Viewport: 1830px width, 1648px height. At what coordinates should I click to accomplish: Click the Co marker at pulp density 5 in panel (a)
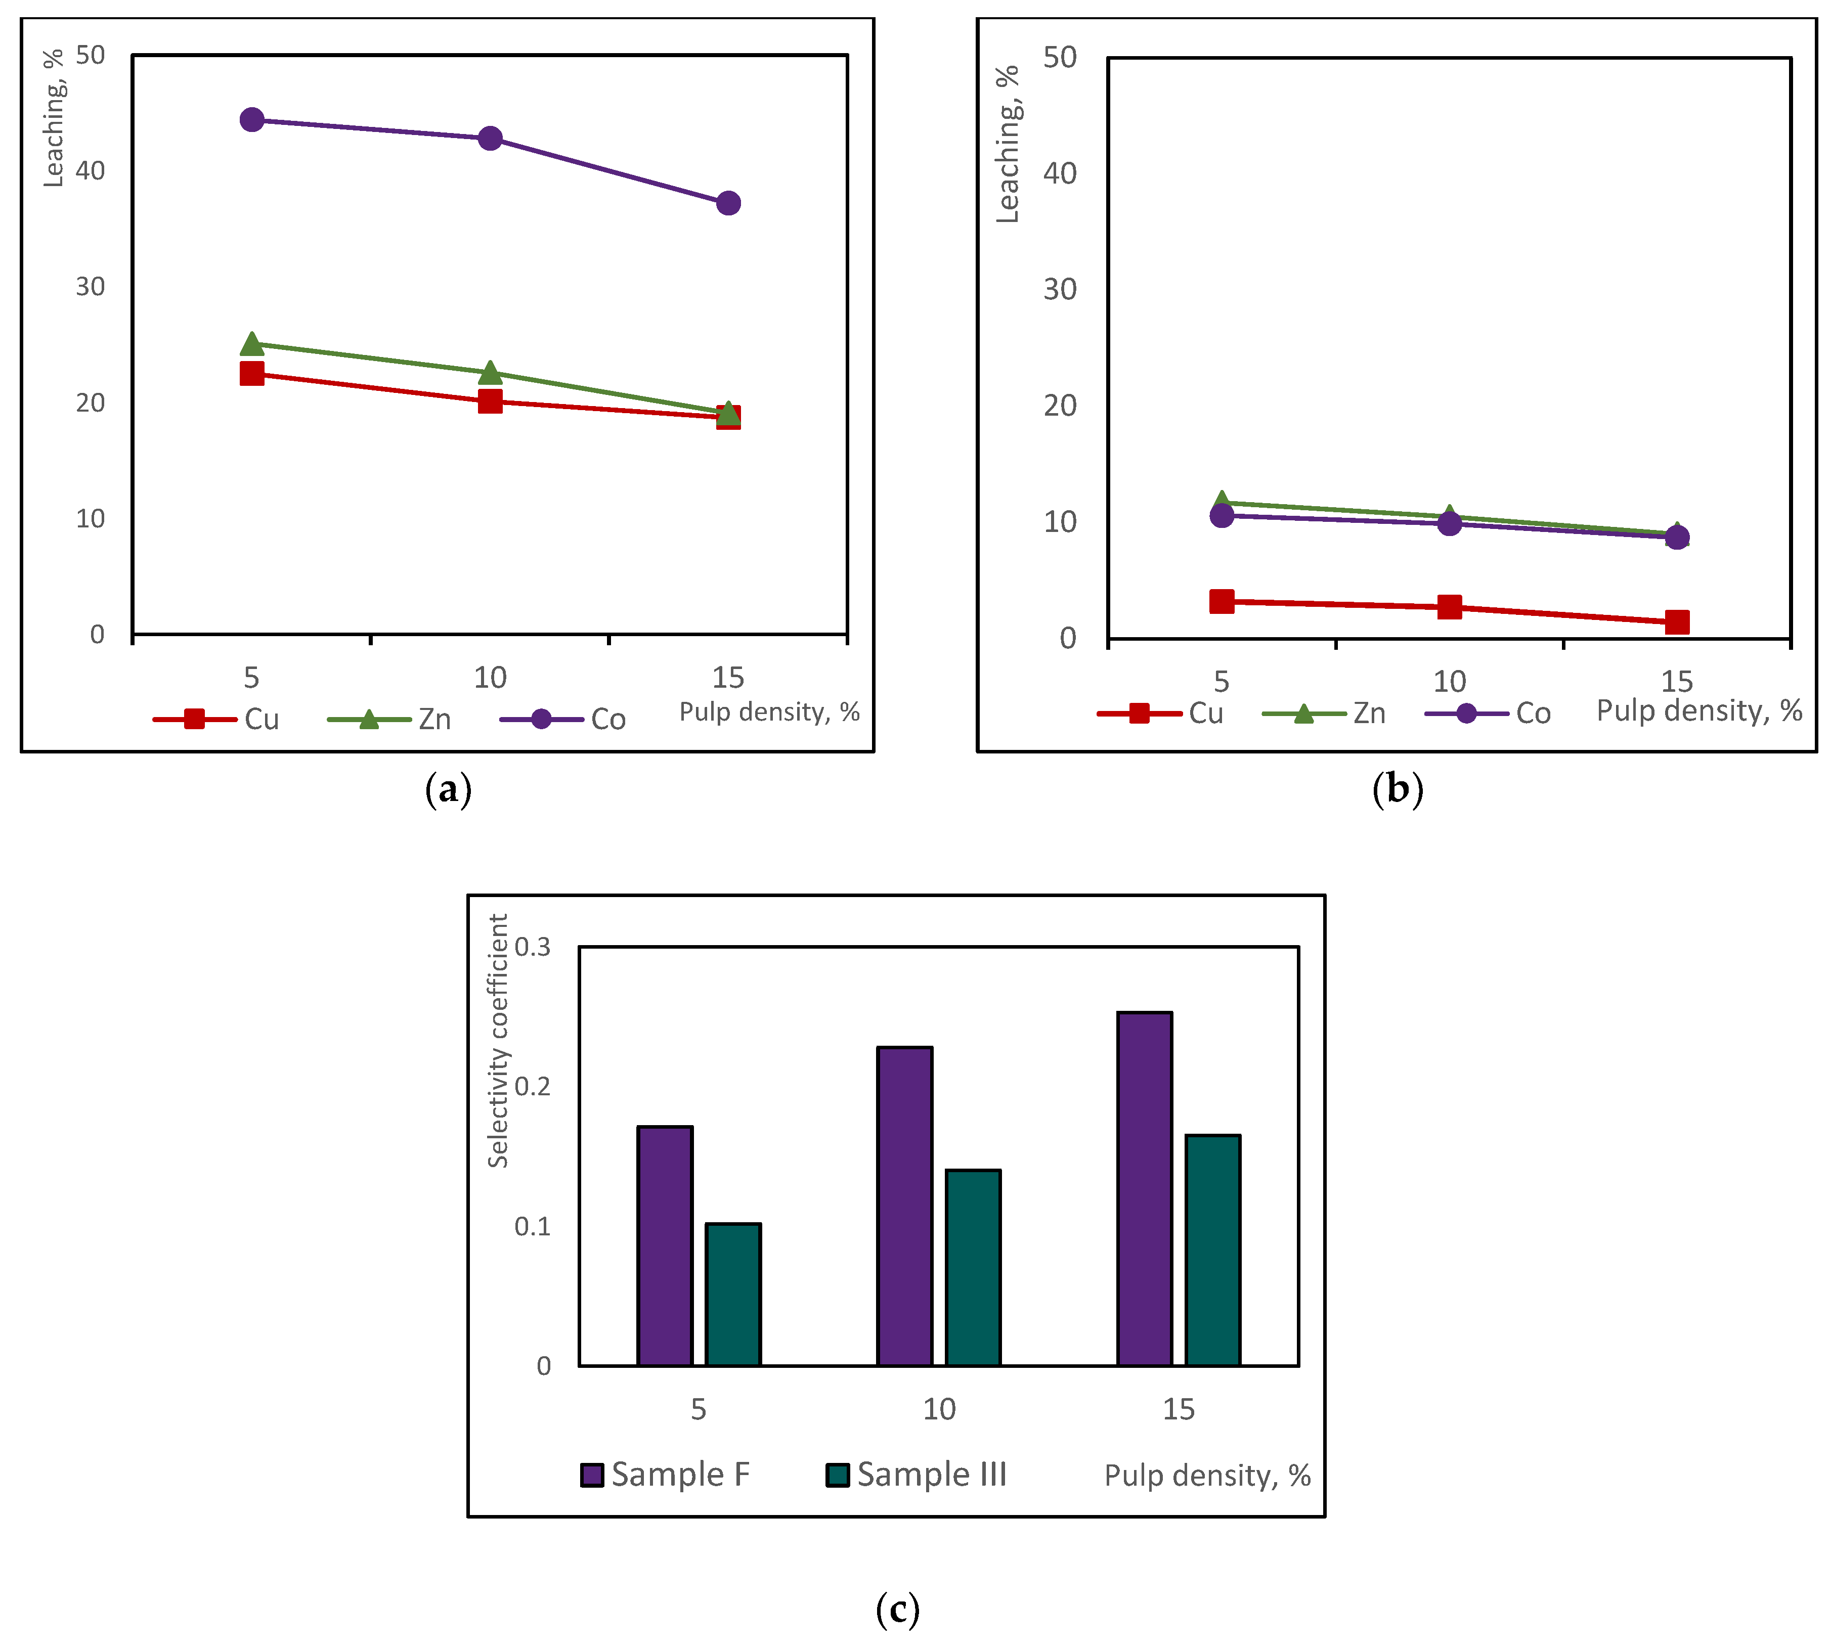point(252,119)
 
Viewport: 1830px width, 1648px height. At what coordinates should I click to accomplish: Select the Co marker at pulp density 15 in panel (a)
point(728,203)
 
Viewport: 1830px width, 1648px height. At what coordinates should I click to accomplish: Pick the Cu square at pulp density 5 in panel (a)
point(252,373)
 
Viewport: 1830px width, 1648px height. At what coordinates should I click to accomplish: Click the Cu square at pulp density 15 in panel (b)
point(1677,622)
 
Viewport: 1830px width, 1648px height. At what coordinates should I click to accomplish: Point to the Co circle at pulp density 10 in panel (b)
point(1450,523)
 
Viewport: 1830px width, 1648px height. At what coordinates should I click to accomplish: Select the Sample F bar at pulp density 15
point(1145,1188)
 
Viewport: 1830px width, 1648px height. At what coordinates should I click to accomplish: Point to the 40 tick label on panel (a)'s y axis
point(91,170)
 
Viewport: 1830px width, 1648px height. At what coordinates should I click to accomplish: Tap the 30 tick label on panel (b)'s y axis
point(1060,290)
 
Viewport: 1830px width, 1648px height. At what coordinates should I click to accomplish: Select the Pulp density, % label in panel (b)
point(1698,711)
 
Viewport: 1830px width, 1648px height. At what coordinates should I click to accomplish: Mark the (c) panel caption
point(897,1609)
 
